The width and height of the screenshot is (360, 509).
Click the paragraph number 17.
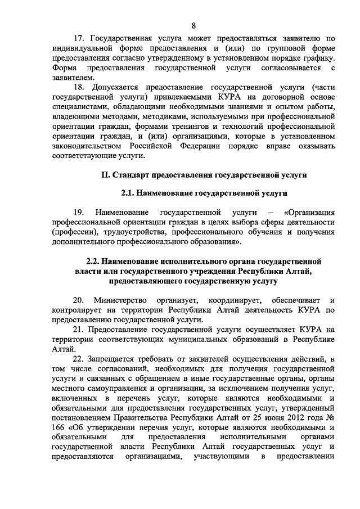79,39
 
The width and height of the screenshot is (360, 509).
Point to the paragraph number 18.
79,88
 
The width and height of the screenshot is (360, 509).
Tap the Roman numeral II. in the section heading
105,175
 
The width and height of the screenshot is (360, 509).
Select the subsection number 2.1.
128,193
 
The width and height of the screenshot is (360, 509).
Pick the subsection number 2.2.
93,262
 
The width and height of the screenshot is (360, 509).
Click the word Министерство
119,299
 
